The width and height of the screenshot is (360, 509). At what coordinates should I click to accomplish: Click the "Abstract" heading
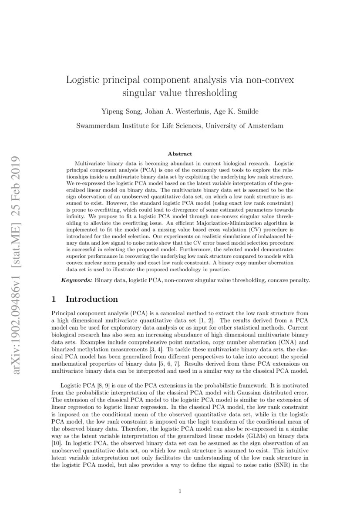[x=180, y=154]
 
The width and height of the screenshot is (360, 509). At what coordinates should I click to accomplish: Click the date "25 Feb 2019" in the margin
[x=17, y=152]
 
